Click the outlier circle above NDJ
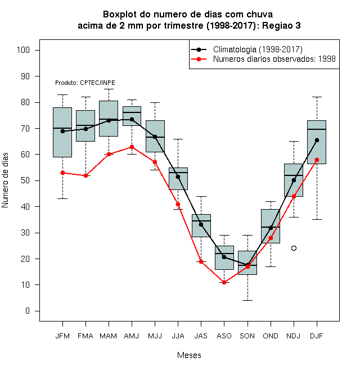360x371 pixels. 294,248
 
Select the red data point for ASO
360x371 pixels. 224,282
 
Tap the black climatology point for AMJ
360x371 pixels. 132,119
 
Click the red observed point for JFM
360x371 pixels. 62,173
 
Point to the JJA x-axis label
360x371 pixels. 178,336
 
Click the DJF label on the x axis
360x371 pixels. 317,336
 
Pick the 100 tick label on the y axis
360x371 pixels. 23,50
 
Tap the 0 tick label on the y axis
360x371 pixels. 28,311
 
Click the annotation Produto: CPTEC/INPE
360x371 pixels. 85,83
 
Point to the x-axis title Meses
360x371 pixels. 189,355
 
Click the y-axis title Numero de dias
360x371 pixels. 5,180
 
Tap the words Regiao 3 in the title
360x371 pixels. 281,25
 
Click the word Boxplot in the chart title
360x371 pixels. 120,15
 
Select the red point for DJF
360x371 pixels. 317,160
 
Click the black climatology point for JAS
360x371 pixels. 201,224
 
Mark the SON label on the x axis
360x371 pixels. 247,336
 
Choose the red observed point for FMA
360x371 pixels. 85,175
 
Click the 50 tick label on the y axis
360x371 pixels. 25,180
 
